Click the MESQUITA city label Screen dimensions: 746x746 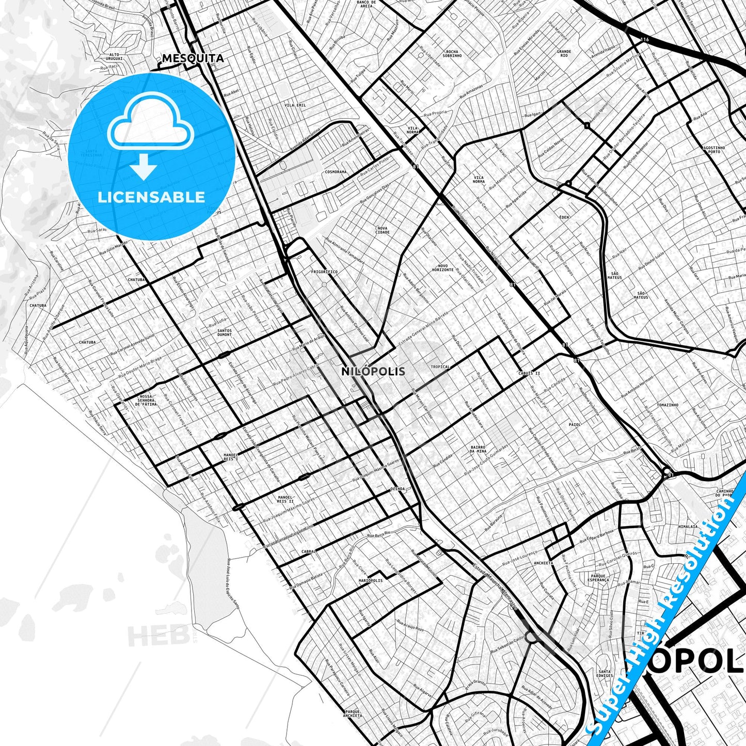point(193,58)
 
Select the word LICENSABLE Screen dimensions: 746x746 point(151,197)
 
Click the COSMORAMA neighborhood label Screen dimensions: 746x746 point(336,172)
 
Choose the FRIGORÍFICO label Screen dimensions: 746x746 point(324,272)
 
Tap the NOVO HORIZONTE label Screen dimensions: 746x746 point(442,267)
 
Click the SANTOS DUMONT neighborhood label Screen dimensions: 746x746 point(225,332)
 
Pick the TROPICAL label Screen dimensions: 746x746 point(440,367)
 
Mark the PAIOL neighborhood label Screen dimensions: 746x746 point(575,424)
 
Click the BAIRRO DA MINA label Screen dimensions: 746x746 point(478,449)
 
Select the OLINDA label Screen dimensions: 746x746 point(398,488)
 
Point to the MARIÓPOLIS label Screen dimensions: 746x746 point(371,581)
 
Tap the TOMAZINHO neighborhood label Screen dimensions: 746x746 point(668,405)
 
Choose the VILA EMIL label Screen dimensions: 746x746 point(295,105)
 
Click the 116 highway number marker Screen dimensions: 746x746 point(644,39)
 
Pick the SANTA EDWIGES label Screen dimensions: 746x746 point(604,673)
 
